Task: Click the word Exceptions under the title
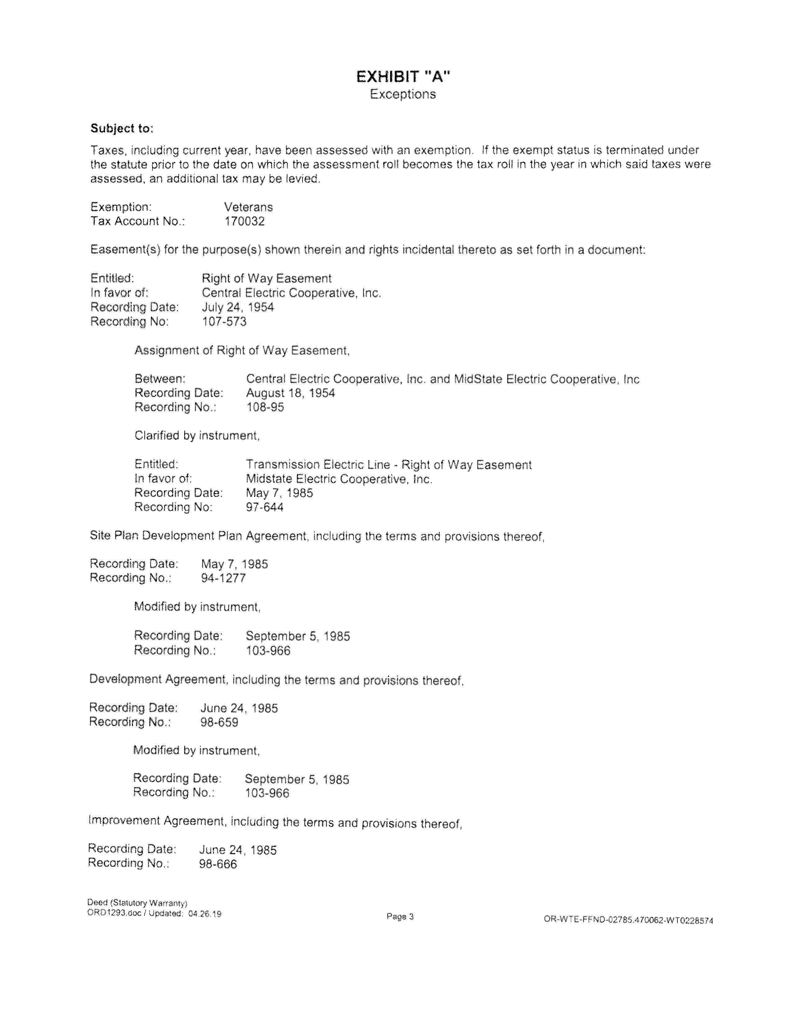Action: click(x=403, y=94)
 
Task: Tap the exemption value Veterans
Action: click(x=248, y=207)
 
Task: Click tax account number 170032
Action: click(x=244, y=221)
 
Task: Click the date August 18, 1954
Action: click(x=290, y=393)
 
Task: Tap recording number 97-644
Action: click(x=265, y=507)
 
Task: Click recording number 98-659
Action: click(x=219, y=722)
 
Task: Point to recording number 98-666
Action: click(x=218, y=864)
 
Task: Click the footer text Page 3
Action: click(x=400, y=917)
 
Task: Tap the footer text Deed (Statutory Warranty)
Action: click(x=138, y=903)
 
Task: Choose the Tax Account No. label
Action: click(x=138, y=221)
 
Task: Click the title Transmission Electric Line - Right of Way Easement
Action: click(x=389, y=465)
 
